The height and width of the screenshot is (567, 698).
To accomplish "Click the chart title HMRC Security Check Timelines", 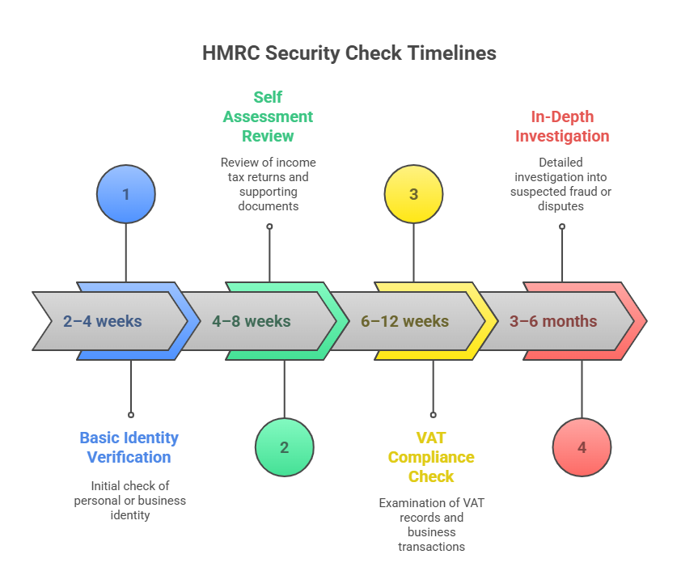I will (349, 53).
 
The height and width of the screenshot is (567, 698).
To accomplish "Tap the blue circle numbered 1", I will (125, 194).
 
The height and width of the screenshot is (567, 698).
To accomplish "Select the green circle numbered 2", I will (284, 447).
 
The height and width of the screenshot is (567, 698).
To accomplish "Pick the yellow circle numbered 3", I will (413, 194).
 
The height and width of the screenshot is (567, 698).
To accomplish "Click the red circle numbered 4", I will (582, 447).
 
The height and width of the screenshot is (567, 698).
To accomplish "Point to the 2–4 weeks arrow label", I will (102, 321).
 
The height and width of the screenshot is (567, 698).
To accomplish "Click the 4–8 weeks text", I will (251, 321).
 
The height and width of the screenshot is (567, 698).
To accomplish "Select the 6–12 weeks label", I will (404, 321).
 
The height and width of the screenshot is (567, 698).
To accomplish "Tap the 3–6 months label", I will (553, 321).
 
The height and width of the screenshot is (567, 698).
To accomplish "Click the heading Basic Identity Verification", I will (129, 447).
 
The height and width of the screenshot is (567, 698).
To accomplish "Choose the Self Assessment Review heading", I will (268, 116).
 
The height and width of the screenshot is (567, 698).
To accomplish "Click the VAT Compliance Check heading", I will (431, 457).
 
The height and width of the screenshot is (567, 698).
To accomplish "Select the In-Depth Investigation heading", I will (562, 126).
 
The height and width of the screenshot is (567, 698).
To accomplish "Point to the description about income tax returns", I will (268, 184).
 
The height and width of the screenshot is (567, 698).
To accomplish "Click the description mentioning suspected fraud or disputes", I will (562, 184).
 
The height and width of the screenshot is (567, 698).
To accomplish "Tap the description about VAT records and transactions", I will (431, 524).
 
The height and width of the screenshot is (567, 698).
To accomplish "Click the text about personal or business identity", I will (129, 500).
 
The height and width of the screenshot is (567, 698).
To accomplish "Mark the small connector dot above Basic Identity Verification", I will (131, 414).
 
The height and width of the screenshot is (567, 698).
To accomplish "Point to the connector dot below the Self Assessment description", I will (269, 226).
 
